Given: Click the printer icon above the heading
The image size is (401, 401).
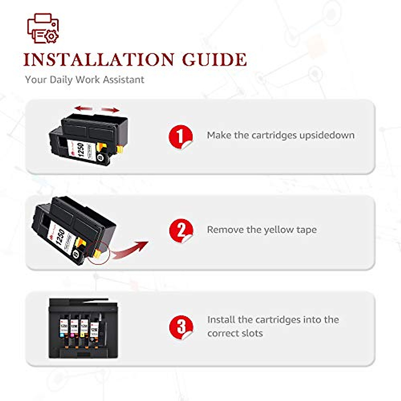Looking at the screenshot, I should pos(43,28).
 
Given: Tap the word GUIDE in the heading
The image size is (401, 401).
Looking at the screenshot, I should pos(214,60).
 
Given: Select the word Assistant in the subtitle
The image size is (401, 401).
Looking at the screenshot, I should pos(123,80).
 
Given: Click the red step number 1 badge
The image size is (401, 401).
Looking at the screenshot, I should pos(181,137).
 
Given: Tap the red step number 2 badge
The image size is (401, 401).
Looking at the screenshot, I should pos(181,231).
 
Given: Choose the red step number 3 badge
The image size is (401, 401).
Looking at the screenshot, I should pos(181,327).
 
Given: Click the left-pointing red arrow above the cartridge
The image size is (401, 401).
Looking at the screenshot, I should pos(84,108).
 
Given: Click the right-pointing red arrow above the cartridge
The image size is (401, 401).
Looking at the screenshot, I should pos(110,110).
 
